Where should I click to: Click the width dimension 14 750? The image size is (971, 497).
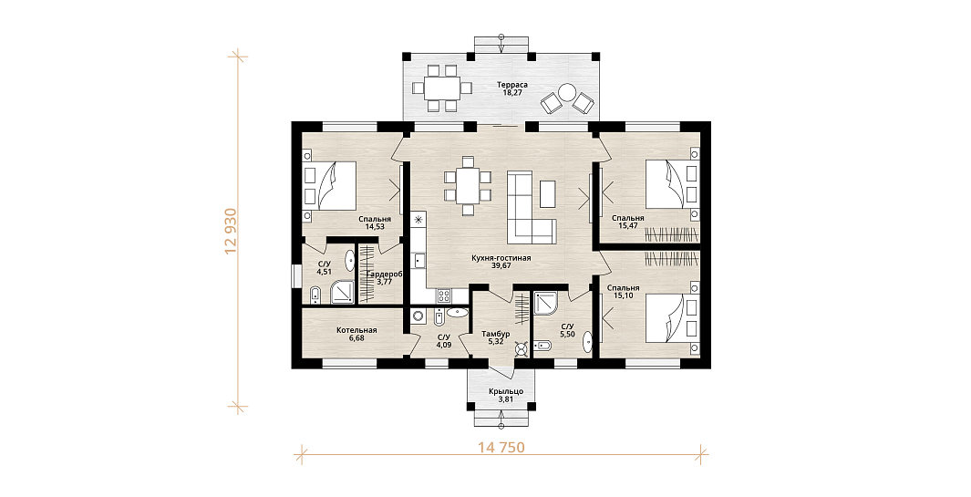[x=501, y=447]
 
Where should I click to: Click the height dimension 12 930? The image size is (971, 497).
[x=232, y=231]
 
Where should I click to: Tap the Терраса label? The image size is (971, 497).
[x=512, y=84]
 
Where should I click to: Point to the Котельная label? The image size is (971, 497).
[x=356, y=330]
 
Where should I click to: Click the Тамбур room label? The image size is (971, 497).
[x=495, y=334]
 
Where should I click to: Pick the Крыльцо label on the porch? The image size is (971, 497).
[x=506, y=391]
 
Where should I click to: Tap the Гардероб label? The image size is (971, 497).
[x=385, y=274]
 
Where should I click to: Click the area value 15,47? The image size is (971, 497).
[x=628, y=226]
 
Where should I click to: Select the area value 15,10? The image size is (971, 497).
[x=623, y=295]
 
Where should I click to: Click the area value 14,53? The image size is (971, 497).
[x=375, y=227]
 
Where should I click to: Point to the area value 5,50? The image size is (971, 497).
[x=567, y=334]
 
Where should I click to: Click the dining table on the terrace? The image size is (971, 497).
[x=441, y=88]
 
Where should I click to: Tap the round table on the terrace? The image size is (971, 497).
[x=567, y=92]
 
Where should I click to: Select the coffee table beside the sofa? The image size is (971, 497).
[x=547, y=193]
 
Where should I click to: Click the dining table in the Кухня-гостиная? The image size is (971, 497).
[x=468, y=185]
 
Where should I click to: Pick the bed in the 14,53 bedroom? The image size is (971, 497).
[x=329, y=185]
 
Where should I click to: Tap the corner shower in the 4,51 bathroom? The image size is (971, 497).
[x=340, y=292]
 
